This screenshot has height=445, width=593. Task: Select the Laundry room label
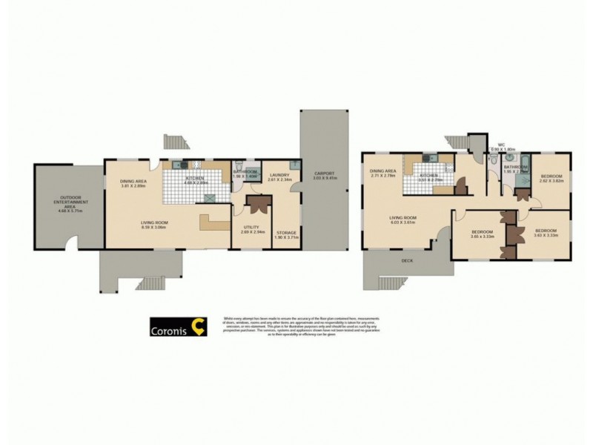(x=279, y=174)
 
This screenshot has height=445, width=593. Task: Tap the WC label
(x=500, y=145)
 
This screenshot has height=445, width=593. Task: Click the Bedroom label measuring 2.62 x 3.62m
(x=551, y=175)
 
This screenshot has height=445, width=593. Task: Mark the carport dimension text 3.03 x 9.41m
(x=321, y=178)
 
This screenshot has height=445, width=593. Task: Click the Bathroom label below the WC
(x=514, y=168)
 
